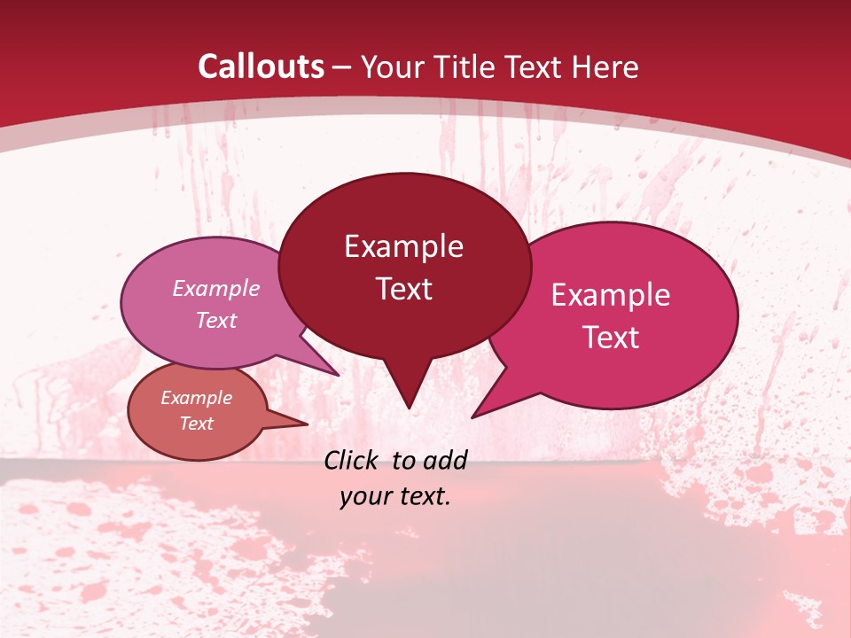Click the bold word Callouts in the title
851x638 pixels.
[x=261, y=66]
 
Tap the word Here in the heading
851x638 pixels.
[x=605, y=66]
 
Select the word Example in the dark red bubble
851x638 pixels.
[x=403, y=246]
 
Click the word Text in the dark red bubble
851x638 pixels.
[x=403, y=289]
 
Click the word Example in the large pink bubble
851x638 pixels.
[x=611, y=295]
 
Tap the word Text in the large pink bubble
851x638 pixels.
[x=611, y=338]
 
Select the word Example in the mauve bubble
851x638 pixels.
[x=216, y=288]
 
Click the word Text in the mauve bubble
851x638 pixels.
[x=216, y=320]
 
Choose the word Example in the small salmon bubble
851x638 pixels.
[x=197, y=398]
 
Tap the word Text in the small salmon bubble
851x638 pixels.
[x=197, y=424]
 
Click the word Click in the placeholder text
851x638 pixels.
[x=352, y=459]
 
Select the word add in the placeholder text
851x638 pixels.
[x=445, y=459]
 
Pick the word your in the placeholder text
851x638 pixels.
[x=365, y=496]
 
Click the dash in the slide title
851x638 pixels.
[x=343, y=66]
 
